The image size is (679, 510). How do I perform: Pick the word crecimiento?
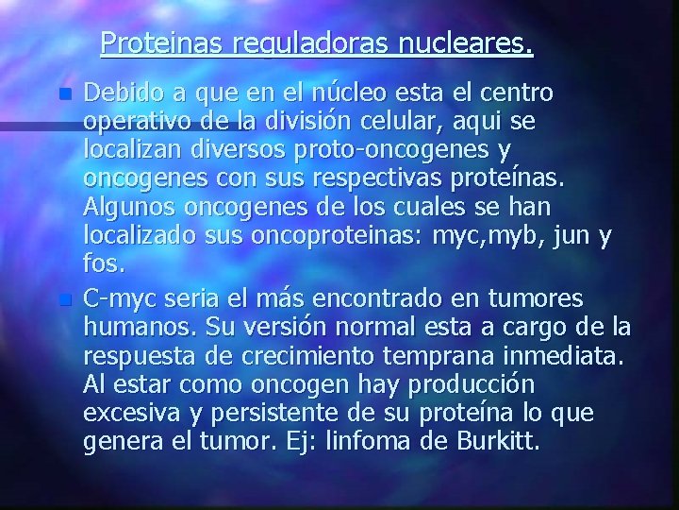(306, 356)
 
